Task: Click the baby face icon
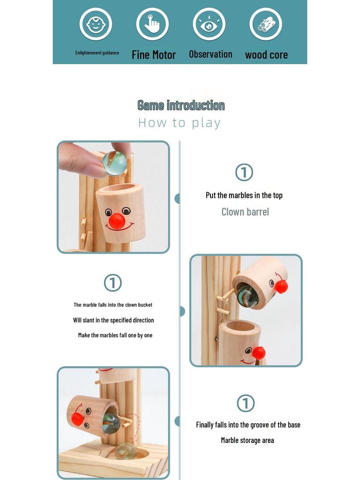click(x=96, y=24)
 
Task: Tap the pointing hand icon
click(x=152, y=24)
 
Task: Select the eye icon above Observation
click(x=209, y=24)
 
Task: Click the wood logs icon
click(x=266, y=24)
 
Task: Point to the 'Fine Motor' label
click(x=154, y=55)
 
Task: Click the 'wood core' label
click(x=266, y=55)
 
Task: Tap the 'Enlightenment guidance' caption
click(x=97, y=52)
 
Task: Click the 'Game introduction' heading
click(x=181, y=105)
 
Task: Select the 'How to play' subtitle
click(x=180, y=123)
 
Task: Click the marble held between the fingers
click(x=114, y=163)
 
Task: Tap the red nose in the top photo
click(x=117, y=221)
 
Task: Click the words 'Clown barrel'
click(x=245, y=212)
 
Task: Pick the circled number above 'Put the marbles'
click(x=244, y=172)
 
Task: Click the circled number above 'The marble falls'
click(x=112, y=283)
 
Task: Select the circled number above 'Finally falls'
click(x=245, y=403)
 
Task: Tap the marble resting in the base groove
click(x=126, y=450)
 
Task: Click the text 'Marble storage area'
click(x=247, y=440)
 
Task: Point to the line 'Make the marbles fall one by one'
click(x=115, y=335)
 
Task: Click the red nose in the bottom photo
click(x=77, y=419)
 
